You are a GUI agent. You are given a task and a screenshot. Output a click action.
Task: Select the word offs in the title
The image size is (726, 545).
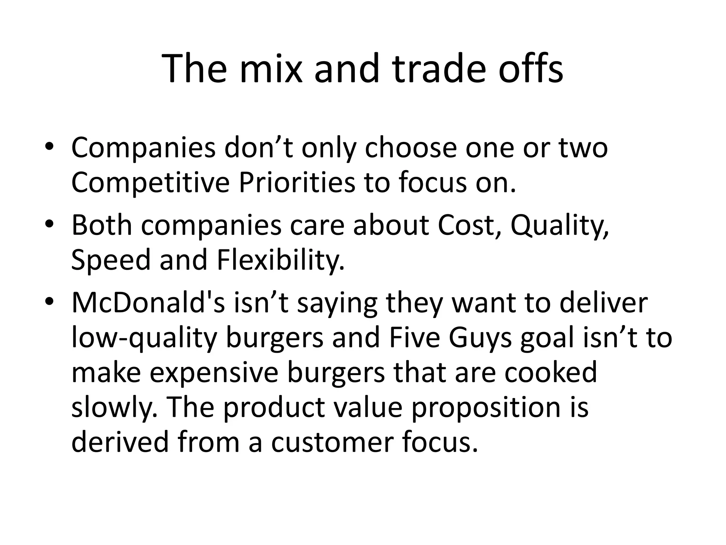[531, 68]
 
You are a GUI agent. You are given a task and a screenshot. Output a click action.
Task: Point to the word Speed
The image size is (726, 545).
[111, 260]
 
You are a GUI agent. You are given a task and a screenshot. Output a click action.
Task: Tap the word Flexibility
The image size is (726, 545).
[280, 260]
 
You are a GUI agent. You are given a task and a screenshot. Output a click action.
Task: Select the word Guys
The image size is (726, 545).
[480, 338]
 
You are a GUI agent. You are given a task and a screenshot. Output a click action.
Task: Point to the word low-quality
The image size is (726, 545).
[144, 338]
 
